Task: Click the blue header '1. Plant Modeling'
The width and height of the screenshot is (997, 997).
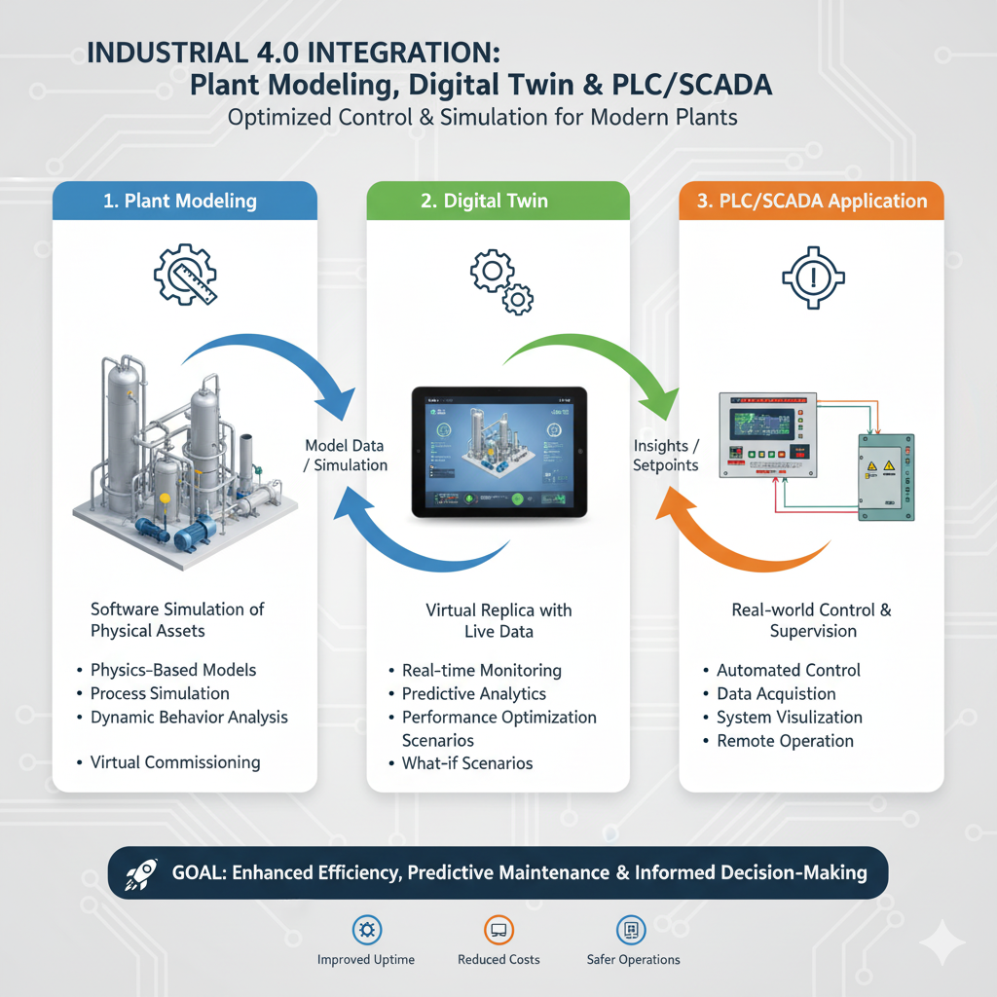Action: point(180,202)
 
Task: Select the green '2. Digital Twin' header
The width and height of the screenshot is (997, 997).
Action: point(497,202)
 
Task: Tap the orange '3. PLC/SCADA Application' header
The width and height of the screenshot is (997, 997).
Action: point(810,202)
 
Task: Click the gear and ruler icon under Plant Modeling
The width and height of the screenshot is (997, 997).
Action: point(184,276)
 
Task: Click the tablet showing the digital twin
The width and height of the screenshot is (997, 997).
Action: point(498,452)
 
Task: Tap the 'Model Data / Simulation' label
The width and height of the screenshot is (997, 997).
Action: point(346,455)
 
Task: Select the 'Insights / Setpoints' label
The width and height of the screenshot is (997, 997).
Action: point(666,455)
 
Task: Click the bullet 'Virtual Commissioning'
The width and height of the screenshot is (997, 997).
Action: point(175,762)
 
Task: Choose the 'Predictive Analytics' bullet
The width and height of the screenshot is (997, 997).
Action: point(474,694)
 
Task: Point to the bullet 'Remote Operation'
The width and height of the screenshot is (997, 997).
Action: point(785,741)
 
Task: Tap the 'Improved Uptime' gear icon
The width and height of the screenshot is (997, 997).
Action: point(366,930)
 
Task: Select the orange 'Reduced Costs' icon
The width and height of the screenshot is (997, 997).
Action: point(498,930)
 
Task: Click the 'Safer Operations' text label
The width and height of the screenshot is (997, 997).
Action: point(633,960)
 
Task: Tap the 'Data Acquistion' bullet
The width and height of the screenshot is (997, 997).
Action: point(776,694)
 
